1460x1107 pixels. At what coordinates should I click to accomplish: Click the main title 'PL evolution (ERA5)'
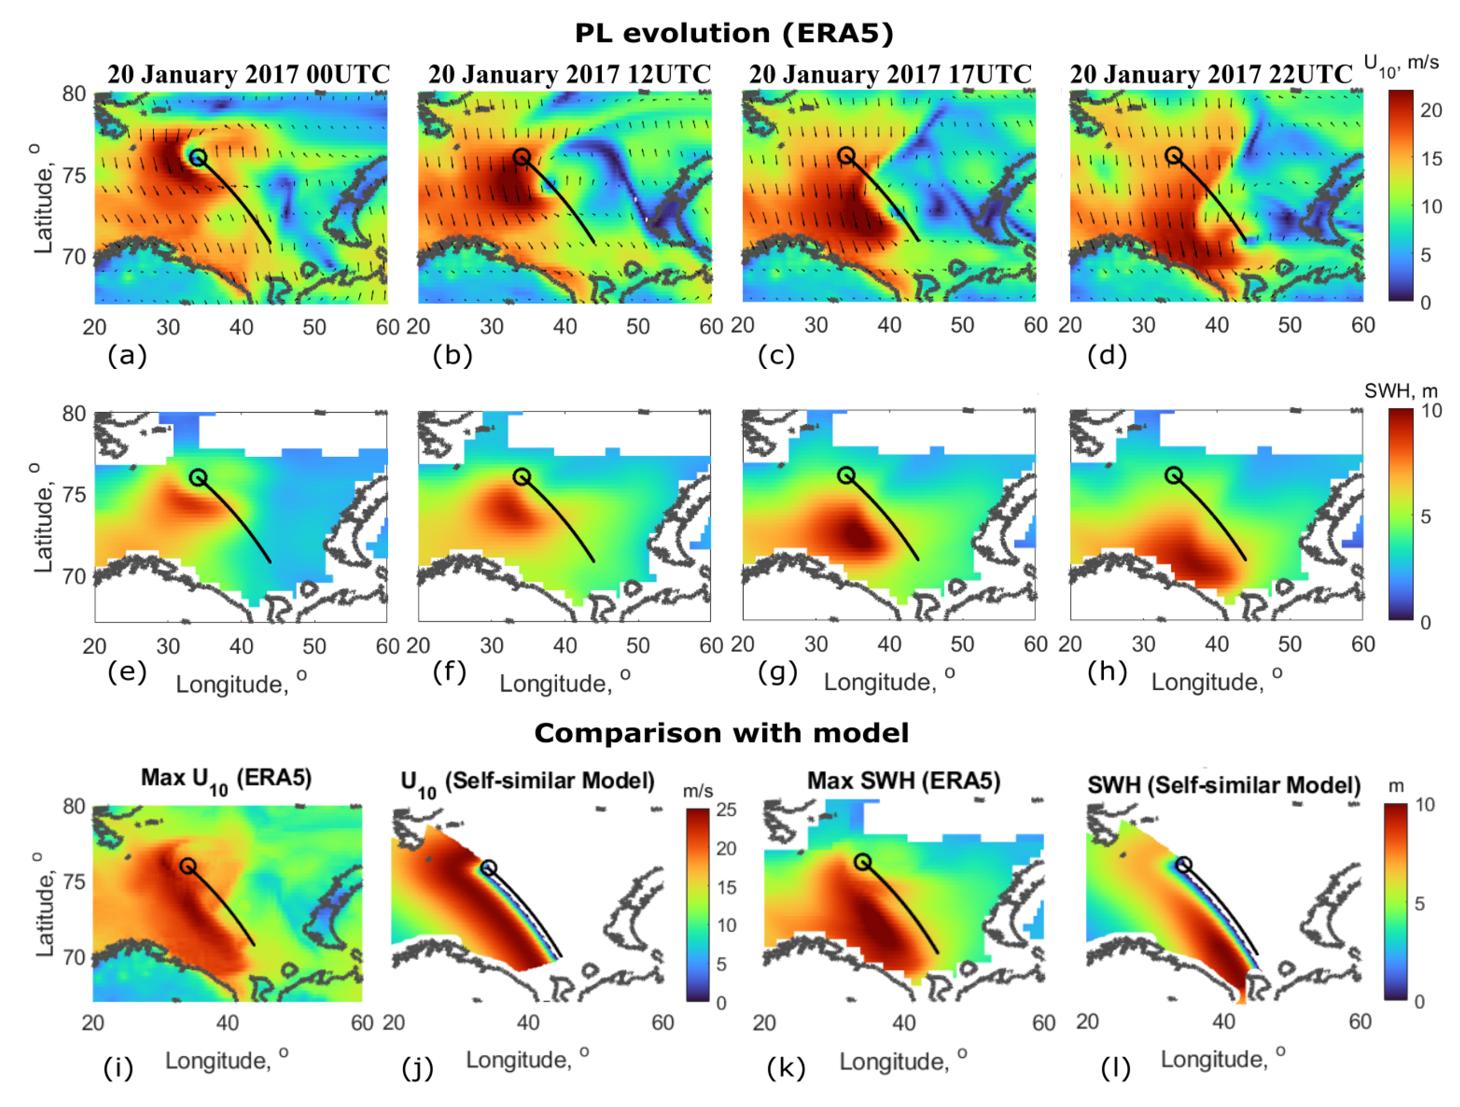click(x=733, y=33)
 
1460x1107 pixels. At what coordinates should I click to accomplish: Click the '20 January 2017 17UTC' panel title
click(x=890, y=74)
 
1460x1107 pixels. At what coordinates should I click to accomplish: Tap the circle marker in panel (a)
click(x=198, y=157)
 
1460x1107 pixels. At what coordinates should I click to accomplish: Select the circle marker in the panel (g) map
click(x=846, y=475)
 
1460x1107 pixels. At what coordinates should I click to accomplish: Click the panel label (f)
click(x=450, y=672)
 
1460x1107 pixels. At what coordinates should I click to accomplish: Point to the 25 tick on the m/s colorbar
click(x=726, y=810)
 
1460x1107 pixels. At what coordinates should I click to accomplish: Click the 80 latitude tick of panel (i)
click(x=74, y=806)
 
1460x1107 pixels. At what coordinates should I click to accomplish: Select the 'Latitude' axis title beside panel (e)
click(x=43, y=519)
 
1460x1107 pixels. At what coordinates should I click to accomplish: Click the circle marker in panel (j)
click(x=488, y=868)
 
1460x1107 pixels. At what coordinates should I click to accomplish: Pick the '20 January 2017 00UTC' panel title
click(x=249, y=74)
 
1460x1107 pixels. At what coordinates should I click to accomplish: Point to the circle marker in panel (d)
click(x=1173, y=155)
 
